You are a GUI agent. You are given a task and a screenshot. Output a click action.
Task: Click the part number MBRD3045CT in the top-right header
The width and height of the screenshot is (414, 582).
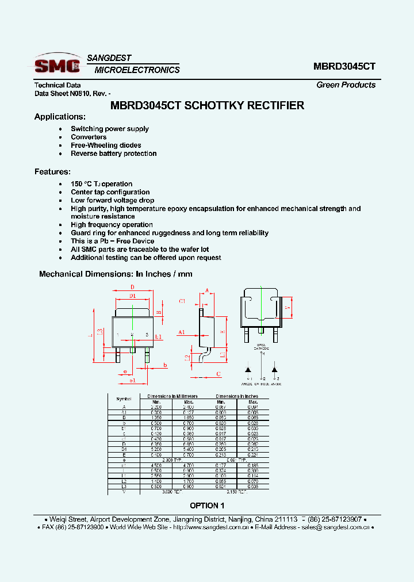click(x=344, y=66)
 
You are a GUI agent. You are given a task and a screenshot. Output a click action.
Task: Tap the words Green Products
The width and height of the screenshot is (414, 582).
click(x=346, y=85)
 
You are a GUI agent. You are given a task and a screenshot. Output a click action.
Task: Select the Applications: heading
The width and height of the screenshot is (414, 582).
click(x=60, y=117)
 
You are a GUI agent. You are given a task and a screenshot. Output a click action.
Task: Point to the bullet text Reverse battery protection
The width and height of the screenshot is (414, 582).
click(x=113, y=154)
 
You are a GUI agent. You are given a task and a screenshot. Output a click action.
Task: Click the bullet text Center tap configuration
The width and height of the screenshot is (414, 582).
click(x=110, y=192)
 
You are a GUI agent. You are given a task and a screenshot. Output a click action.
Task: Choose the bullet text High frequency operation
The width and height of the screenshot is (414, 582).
click(x=112, y=225)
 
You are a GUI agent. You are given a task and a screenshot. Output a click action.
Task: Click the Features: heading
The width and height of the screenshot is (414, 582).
click(x=52, y=172)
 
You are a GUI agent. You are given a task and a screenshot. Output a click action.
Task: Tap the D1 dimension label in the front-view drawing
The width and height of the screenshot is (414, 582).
click(x=132, y=296)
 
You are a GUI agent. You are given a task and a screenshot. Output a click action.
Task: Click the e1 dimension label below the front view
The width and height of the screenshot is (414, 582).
click(x=132, y=381)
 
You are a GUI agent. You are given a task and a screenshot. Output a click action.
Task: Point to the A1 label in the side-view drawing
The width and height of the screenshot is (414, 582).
click(x=181, y=332)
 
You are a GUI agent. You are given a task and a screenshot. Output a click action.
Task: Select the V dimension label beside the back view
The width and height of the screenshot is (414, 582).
click(x=286, y=307)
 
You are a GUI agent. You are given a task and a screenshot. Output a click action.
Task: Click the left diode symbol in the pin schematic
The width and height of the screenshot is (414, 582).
click(x=248, y=368)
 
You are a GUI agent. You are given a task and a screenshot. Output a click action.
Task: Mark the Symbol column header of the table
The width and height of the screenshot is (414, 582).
click(x=124, y=399)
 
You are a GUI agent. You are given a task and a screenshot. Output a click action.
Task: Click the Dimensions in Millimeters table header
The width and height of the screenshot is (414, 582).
click(x=172, y=396)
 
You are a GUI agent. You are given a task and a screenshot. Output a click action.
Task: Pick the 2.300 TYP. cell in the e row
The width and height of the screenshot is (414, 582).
click(x=172, y=460)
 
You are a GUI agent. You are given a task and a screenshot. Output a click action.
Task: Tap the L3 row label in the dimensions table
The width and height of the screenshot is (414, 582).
click(x=124, y=487)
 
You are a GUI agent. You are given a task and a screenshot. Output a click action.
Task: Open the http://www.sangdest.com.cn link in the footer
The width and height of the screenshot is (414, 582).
click(x=210, y=527)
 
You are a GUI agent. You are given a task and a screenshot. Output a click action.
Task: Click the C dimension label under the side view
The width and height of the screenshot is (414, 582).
click(x=218, y=374)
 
